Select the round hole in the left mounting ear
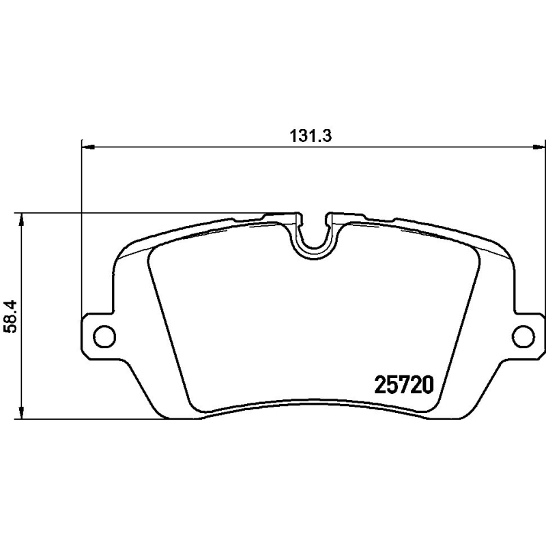pos(103,335)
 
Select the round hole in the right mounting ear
pos(523,335)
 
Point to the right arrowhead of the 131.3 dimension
pos(541,146)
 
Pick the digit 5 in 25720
pos(388,386)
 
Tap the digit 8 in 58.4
pos(9,322)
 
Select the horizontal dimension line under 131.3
pos(205,146)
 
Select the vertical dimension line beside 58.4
pos(23,273)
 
